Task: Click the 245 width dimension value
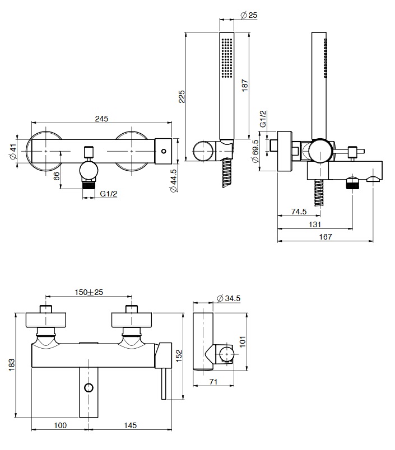pos(101,119)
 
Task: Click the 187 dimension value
pos(245,84)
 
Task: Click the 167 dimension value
pos(326,237)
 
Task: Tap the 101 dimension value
pos(243,341)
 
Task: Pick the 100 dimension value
pos(60,425)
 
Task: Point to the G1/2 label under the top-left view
pos(108,194)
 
